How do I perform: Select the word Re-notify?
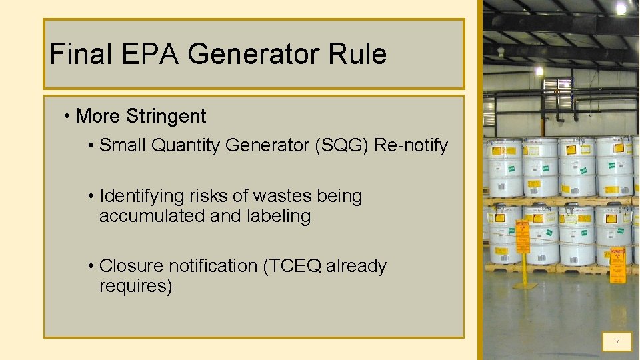click(x=411, y=145)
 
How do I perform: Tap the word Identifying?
click(x=141, y=196)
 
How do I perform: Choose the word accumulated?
click(x=152, y=216)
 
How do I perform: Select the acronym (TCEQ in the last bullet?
click(x=292, y=266)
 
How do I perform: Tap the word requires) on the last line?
click(x=135, y=286)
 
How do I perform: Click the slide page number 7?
click(x=617, y=343)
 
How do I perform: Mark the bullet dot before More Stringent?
click(x=68, y=117)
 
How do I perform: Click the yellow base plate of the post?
click(x=525, y=285)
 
